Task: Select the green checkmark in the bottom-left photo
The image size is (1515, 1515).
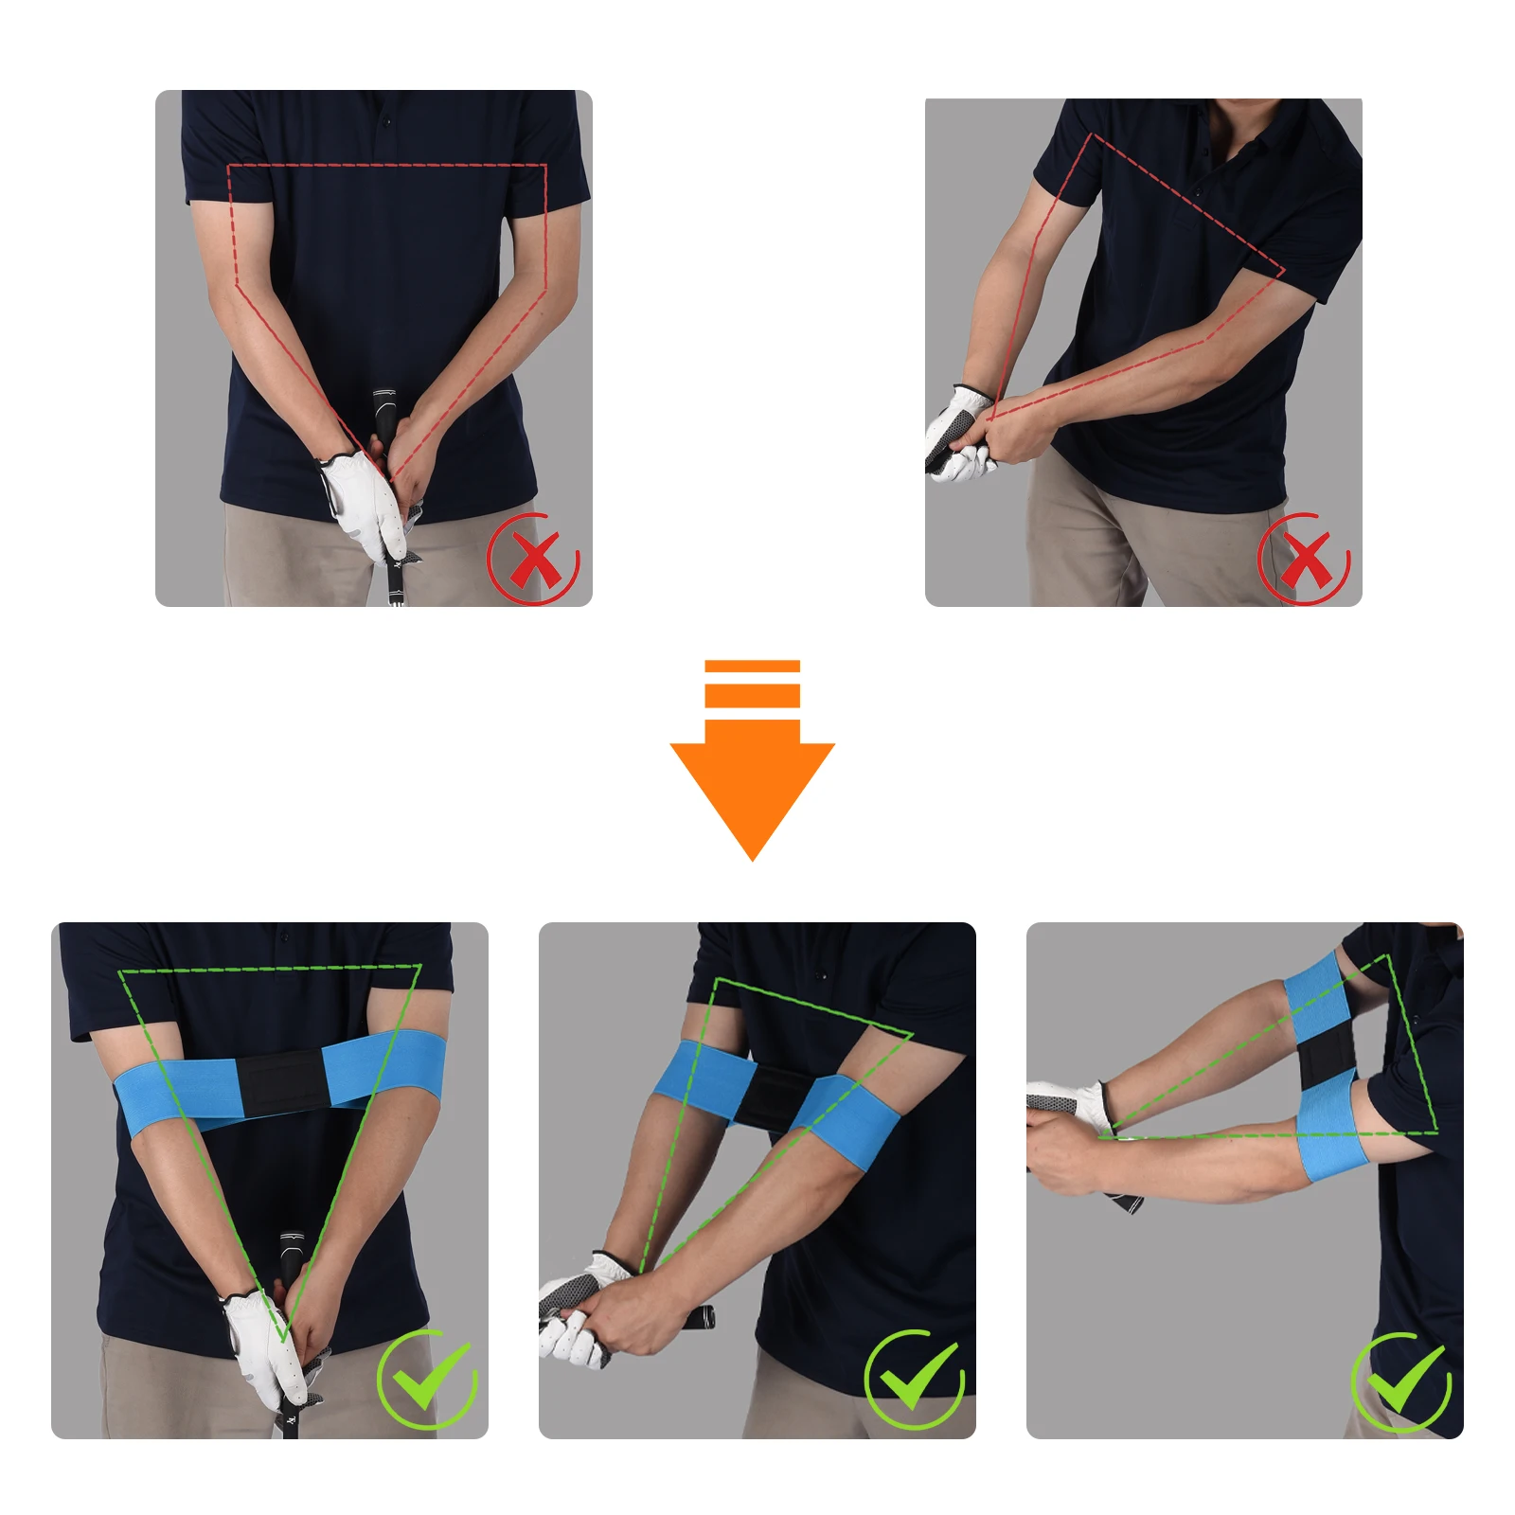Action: tap(429, 1379)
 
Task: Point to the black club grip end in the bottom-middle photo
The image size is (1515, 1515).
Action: tap(704, 1316)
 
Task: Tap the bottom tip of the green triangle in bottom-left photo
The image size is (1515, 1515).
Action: tap(283, 1337)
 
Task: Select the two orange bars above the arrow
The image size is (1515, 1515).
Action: tap(752, 683)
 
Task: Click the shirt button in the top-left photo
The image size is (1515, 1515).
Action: tap(386, 121)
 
